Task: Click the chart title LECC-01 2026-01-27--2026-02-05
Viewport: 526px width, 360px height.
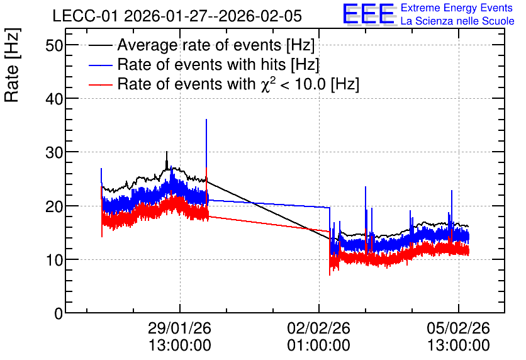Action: (177, 16)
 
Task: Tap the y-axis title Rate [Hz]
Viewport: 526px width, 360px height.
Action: (12, 65)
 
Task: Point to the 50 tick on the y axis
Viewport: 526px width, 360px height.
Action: (54, 45)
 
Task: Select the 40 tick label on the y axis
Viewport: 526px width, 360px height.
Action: (54, 99)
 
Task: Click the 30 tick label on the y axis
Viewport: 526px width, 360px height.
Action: (54, 152)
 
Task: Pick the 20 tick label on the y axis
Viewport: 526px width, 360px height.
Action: (54, 206)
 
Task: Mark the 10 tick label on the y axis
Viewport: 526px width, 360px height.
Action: (54, 260)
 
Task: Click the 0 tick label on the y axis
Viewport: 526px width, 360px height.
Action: (59, 313)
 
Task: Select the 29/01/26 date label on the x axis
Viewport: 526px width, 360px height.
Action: (179, 328)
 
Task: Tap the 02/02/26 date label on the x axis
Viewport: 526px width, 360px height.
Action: (318, 328)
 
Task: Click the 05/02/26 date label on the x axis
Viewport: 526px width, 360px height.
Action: (458, 328)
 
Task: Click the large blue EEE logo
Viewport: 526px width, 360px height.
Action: (369, 14)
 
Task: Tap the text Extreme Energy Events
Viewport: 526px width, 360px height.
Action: (457, 8)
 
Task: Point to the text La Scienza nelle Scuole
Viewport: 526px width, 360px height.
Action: (457, 21)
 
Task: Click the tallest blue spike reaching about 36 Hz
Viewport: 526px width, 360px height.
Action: (206, 120)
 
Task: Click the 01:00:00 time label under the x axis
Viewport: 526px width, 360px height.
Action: (318, 346)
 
